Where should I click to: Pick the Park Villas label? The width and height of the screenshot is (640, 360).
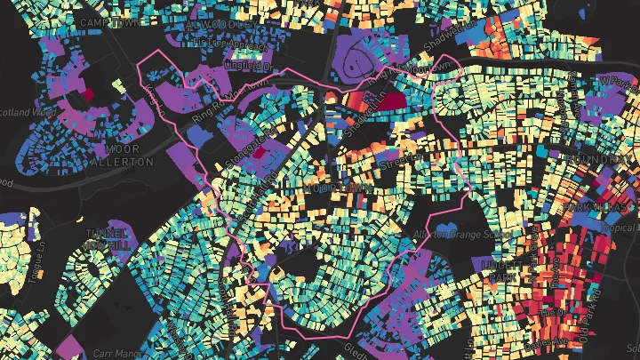pos(594,206)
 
